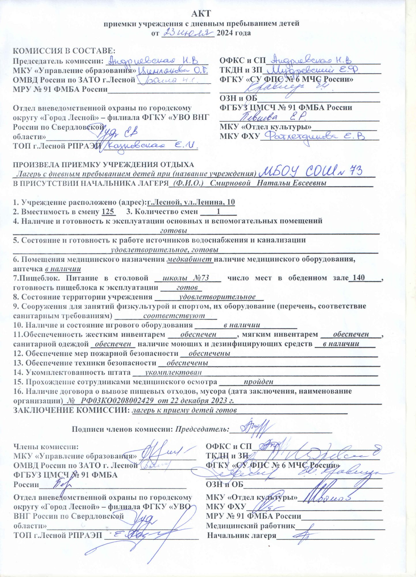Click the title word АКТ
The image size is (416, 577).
click(201, 14)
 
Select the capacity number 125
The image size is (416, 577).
click(108, 212)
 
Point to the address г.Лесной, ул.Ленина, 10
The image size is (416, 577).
click(191, 202)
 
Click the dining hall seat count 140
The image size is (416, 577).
click(359, 278)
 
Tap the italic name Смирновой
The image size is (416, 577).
click(230, 183)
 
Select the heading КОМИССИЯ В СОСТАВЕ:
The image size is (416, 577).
click(64, 51)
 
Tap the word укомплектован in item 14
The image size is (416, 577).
click(173, 372)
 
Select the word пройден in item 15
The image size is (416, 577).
click(258, 382)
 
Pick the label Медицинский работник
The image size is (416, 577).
click(250, 526)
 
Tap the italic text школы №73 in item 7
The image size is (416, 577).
click(186, 278)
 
